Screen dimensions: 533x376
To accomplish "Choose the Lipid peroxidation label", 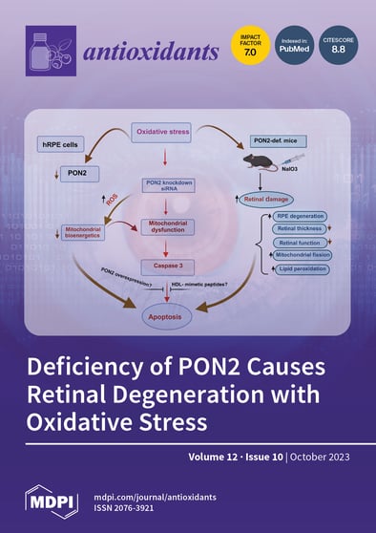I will tap(299, 269).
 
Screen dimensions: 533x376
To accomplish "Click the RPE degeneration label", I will tap(299, 216).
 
